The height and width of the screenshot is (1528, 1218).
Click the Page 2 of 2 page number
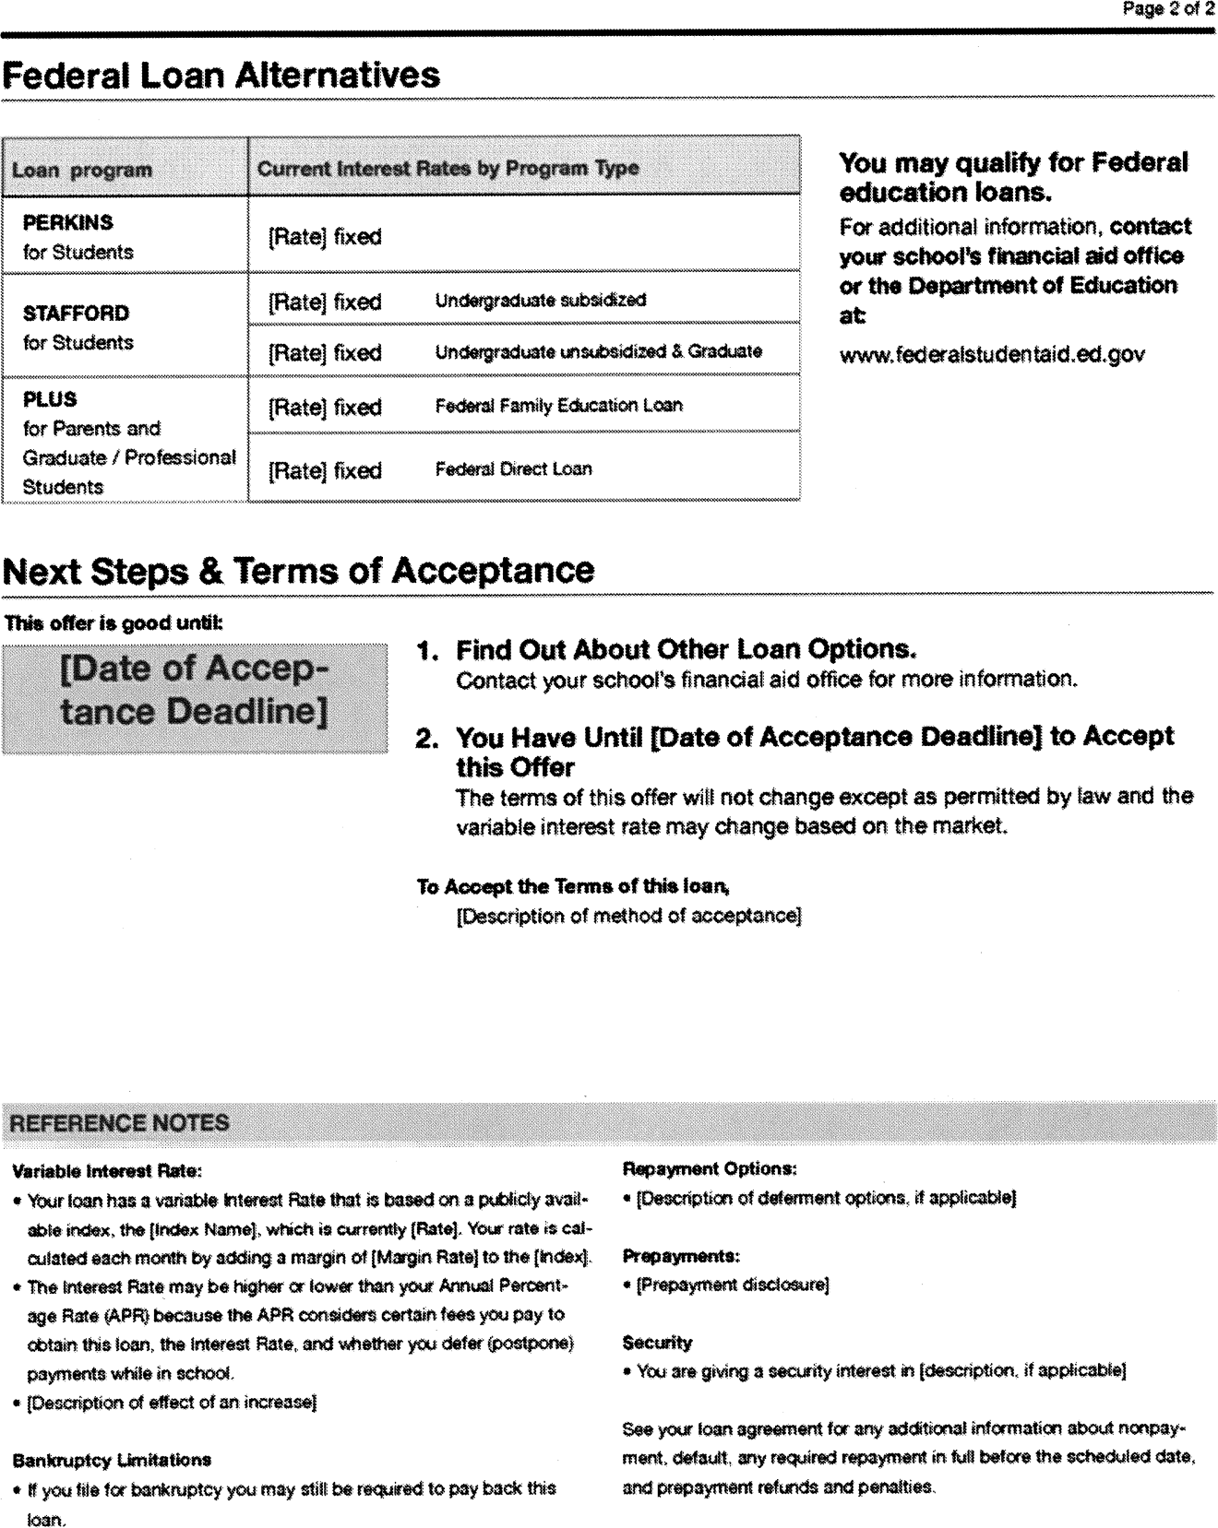point(1167,10)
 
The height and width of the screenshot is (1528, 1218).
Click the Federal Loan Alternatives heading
point(221,75)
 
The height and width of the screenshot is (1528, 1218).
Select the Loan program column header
point(81,170)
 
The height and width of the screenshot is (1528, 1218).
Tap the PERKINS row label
point(68,222)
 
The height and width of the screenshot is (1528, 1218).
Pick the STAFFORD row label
point(76,313)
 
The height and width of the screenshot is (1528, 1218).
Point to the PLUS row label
point(50,399)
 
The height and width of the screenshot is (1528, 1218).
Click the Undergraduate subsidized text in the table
point(540,300)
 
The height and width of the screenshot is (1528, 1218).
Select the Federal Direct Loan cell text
point(513,468)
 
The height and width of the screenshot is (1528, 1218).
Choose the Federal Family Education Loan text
point(558,405)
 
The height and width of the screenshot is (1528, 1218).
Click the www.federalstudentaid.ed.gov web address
point(992,354)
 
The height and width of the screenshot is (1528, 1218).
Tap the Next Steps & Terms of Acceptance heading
point(299,571)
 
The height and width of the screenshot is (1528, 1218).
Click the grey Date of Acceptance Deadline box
point(195,698)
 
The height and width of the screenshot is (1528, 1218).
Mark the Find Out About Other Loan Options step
point(686,649)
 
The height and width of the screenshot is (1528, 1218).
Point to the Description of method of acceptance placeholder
point(629,916)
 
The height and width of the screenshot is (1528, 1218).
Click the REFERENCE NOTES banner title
point(120,1123)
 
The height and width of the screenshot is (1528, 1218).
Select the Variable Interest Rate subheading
point(106,1171)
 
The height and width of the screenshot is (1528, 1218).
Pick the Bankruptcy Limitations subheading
point(112,1460)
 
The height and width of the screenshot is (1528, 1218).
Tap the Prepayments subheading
point(682,1256)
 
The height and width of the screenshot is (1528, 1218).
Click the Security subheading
point(657,1343)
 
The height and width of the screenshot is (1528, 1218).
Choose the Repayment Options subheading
point(710,1168)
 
